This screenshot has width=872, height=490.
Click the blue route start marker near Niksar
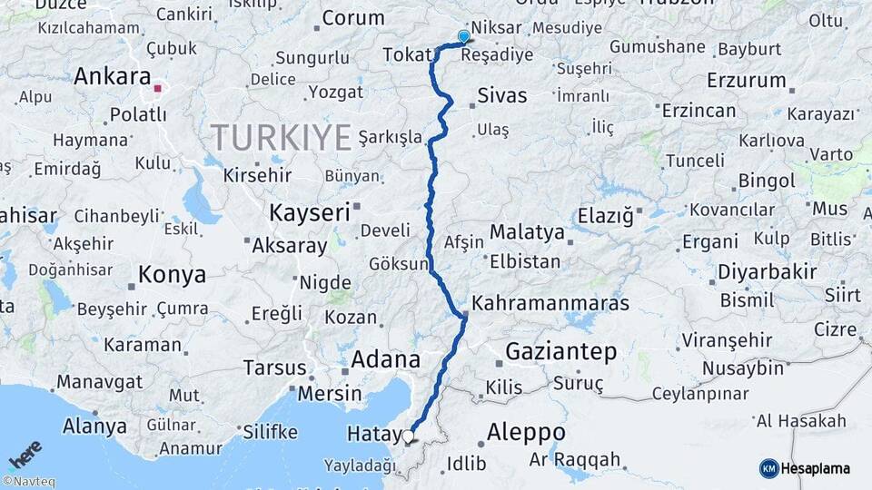(464, 37)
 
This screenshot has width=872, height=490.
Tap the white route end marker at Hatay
(408, 437)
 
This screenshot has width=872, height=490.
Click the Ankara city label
(112, 77)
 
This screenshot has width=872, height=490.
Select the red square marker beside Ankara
(158, 89)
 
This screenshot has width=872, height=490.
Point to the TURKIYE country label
(282, 138)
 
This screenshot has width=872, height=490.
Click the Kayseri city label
(310, 213)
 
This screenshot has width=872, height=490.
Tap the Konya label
(172, 274)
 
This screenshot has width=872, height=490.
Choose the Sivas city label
(501, 95)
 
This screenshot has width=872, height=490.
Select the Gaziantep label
(560, 352)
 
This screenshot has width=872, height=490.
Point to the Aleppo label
(527, 432)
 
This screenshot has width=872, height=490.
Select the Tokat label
(407, 56)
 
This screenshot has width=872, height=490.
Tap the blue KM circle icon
(768, 468)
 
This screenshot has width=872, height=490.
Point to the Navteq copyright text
(28, 481)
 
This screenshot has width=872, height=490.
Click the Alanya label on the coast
(94, 426)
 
